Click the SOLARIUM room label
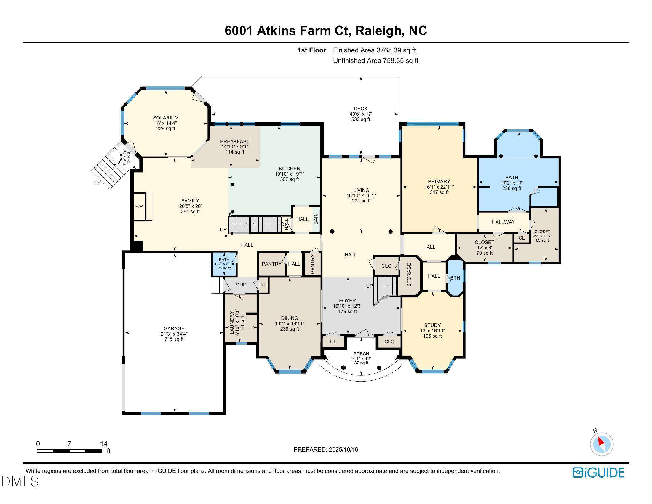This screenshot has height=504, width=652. pyautogui.click(x=166, y=118)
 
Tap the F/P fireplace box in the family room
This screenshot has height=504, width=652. pyautogui.click(x=139, y=207)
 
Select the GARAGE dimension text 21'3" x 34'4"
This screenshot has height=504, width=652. pyautogui.click(x=174, y=334)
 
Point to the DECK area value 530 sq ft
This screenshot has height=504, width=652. pyautogui.click(x=361, y=119)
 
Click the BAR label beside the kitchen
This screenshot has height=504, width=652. pyautogui.click(x=316, y=219)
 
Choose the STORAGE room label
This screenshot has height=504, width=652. pyautogui.click(x=409, y=275)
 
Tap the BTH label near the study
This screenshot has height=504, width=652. pyautogui.click(x=455, y=278)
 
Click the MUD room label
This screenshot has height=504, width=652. pyautogui.click(x=241, y=285)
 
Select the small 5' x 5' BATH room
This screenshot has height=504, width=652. pyautogui.click(x=224, y=264)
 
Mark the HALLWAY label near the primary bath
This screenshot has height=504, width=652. pyautogui.click(x=503, y=222)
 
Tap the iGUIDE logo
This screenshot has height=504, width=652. pyautogui.click(x=598, y=473)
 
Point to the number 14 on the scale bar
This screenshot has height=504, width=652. pyautogui.click(x=104, y=444)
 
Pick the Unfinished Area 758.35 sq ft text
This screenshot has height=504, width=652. pyautogui.click(x=375, y=60)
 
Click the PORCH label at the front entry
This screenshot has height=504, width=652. pyautogui.click(x=361, y=353)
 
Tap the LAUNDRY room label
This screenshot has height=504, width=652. pyautogui.click(x=231, y=323)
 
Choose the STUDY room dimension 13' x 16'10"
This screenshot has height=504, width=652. pyautogui.click(x=432, y=331)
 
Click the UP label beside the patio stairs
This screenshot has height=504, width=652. pyautogui.click(x=97, y=183)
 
